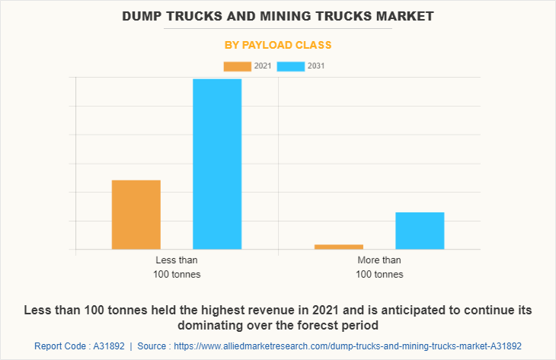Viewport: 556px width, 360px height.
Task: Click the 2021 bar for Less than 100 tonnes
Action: [136, 215]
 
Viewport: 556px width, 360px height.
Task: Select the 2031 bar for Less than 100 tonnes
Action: [217, 164]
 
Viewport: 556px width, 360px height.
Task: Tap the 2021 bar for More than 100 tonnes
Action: [339, 247]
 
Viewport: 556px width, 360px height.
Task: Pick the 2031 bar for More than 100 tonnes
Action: [420, 231]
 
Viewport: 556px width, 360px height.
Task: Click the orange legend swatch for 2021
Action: [237, 66]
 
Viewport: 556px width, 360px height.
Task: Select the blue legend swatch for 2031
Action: [291, 66]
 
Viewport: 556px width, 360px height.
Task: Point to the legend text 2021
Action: [263, 66]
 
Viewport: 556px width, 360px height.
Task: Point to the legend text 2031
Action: [316, 66]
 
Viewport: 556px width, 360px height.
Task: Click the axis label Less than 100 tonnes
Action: [177, 267]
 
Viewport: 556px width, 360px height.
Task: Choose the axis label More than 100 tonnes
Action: [379, 267]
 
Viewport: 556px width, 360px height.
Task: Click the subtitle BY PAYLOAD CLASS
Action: [278, 45]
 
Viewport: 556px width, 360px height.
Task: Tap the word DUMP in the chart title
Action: [145, 15]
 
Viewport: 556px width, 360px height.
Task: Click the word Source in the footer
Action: [154, 346]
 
